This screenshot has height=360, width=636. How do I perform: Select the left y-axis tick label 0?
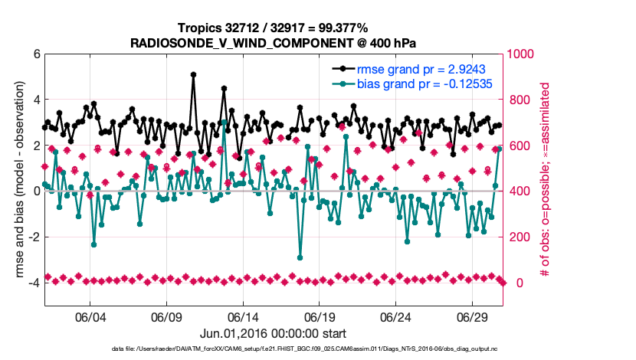coord(36,191)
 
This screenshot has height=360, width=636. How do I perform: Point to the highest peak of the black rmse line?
coord(193,74)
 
